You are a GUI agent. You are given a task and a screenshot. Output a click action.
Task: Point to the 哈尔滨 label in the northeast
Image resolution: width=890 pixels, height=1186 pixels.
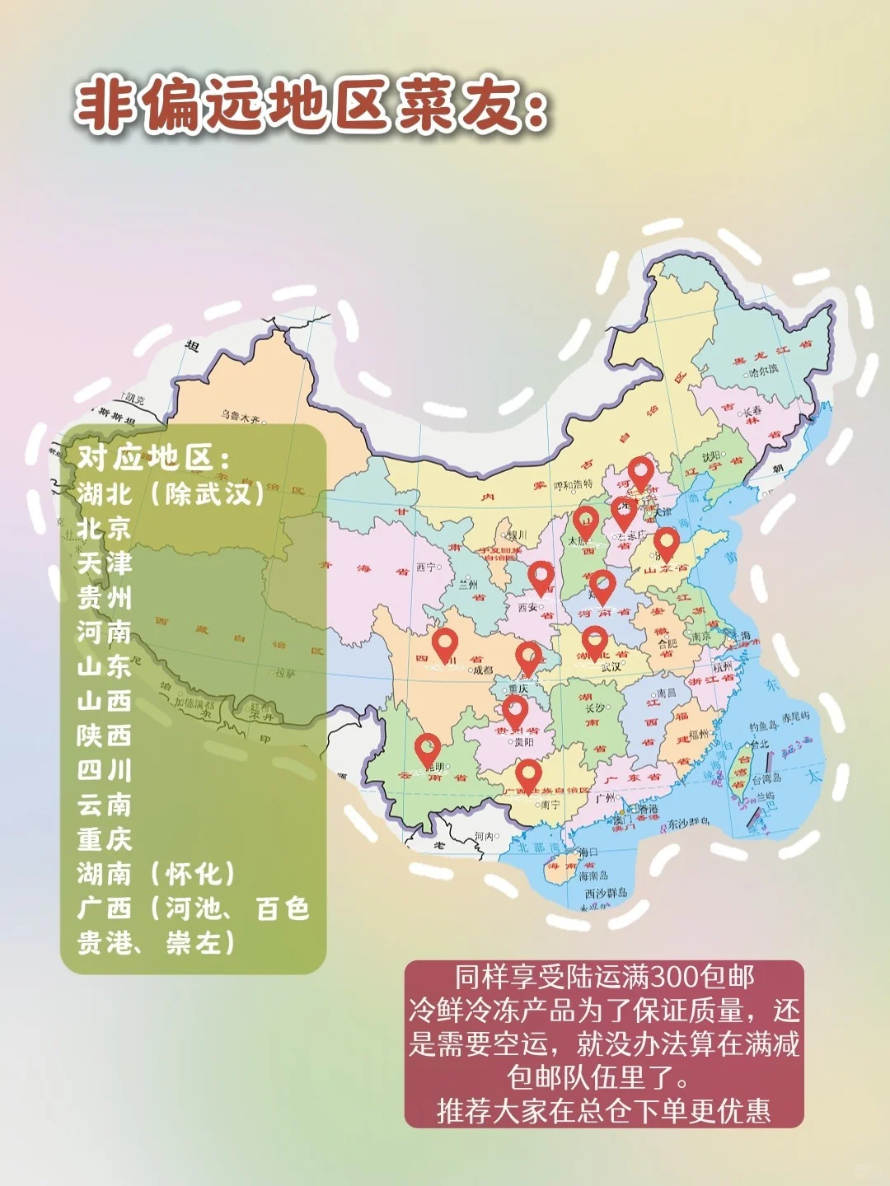(x=762, y=371)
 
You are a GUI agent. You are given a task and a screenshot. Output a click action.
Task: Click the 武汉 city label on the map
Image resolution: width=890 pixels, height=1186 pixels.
(x=611, y=667)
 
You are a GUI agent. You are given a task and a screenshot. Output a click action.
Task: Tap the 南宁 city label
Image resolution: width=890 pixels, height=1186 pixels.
(x=550, y=805)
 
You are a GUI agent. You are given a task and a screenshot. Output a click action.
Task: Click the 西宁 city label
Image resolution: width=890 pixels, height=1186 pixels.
(x=425, y=567)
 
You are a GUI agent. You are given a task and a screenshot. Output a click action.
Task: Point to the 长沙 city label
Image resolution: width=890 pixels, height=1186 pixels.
(x=594, y=707)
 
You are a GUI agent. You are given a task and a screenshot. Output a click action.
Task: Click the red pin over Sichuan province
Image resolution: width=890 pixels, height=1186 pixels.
(x=445, y=645)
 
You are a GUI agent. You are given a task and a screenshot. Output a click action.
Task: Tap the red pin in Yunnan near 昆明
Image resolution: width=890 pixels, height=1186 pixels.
(x=427, y=749)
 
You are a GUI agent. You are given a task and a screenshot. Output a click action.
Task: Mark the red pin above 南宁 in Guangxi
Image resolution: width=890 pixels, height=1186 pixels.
(x=528, y=774)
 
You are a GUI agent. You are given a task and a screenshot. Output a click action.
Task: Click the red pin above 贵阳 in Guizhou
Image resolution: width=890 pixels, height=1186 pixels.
(x=515, y=711)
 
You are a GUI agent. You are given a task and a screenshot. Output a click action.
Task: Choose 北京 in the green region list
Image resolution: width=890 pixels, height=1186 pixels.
(x=105, y=529)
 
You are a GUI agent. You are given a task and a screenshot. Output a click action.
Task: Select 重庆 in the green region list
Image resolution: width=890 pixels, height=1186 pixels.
(x=105, y=839)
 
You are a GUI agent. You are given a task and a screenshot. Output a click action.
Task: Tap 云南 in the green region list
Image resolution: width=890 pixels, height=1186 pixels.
(x=105, y=805)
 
